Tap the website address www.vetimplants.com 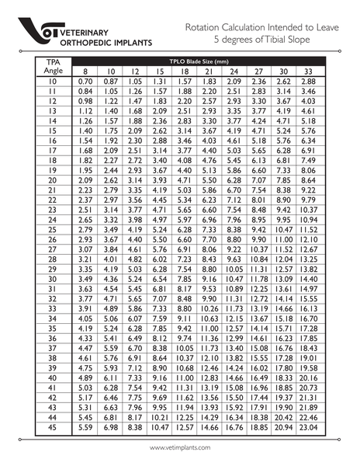pyautogui.click(x=180, y=448)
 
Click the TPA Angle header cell pyautogui.click(x=54, y=65)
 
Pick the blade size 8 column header pyautogui.click(x=85, y=71)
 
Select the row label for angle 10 pyautogui.click(x=54, y=81)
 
